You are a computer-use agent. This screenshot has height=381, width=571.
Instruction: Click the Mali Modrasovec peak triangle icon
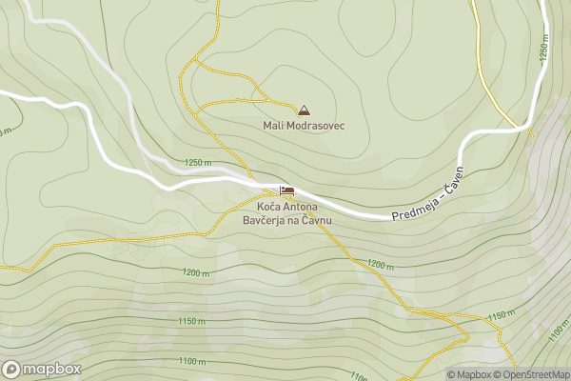coord(304,110)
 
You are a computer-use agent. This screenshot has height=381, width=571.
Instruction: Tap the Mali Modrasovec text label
coord(304,125)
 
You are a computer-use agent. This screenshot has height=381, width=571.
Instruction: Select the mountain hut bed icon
coord(286,191)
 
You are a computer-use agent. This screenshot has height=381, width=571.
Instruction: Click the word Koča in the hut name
coord(267,207)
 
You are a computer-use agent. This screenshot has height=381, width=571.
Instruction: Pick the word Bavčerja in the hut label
coord(265,220)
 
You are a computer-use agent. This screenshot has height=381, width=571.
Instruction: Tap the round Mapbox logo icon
coord(12,369)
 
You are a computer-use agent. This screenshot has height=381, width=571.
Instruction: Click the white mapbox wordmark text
coord(51,369)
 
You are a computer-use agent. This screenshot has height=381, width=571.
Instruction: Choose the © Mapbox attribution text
coord(468,374)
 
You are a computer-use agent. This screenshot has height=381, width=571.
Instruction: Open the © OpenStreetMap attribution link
coord(531,374)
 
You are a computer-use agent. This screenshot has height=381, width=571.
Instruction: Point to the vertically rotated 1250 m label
coord(544,50)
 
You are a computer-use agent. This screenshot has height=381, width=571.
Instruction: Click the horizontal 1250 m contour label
coord(200,163)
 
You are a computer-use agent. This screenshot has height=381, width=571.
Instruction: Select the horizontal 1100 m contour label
coord(191,360)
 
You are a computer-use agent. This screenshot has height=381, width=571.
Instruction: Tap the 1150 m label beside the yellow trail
coord(501,315)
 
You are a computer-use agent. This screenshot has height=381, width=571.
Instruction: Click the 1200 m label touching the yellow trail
coord(380,264)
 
